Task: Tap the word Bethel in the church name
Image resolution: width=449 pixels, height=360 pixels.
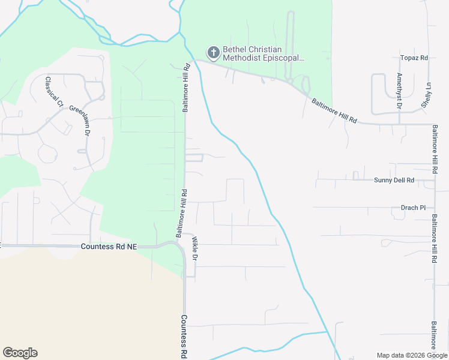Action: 235,50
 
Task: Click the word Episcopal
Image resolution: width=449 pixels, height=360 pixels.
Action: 284,59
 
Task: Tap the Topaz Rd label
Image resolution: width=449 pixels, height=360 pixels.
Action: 414,58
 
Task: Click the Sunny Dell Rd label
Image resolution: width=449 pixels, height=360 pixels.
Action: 394,180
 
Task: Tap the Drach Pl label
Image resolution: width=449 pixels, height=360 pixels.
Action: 413,208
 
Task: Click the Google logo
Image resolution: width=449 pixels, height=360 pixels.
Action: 20,353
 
